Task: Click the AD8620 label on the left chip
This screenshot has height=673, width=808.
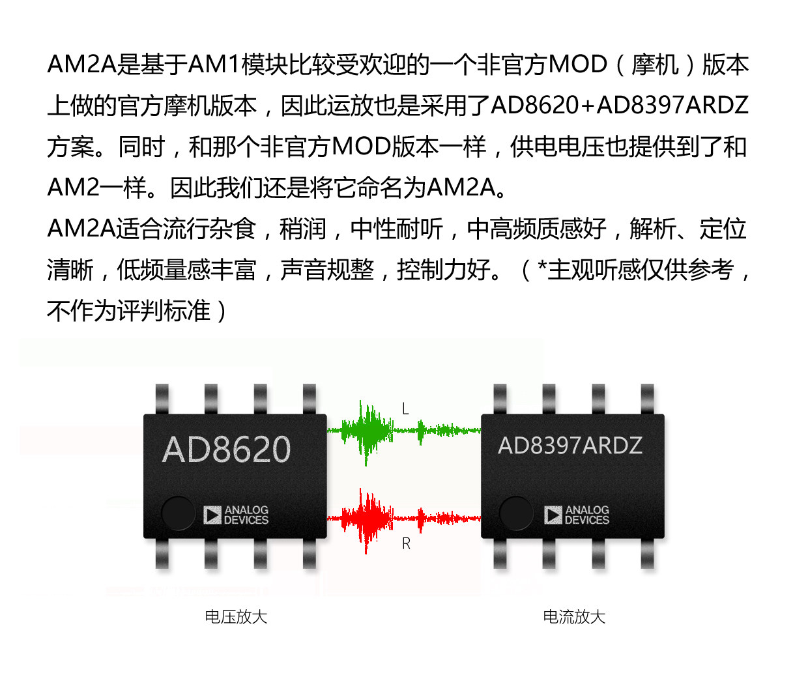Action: tap(226, 450)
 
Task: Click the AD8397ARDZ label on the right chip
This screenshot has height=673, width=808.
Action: tap(570, 446)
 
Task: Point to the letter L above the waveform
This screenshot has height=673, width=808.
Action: tap(405, 409)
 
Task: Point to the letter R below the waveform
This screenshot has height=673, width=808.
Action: tap(406, 543)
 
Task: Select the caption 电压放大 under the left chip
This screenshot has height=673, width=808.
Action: tap(236, 617)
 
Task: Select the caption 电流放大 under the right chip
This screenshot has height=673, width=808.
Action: tap(574, 617)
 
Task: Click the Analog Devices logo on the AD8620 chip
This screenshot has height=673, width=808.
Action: tap(236, 515)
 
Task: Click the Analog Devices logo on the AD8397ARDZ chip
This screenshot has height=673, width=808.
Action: tap(577, 515)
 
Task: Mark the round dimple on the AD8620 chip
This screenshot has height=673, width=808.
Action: tap(178, 513)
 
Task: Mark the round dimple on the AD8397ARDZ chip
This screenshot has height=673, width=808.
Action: tap(516, 513)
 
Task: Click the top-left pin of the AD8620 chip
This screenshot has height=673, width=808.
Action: tap(162, 399)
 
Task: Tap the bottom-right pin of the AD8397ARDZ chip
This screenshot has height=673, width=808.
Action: tap(647, 554)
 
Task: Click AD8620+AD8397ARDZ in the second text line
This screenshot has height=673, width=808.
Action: tap(619, 106)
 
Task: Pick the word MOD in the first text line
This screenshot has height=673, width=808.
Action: tap(577, 64)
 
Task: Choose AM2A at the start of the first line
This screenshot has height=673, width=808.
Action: tap(81, 64)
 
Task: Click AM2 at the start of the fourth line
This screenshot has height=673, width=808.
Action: tap(73, 188)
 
